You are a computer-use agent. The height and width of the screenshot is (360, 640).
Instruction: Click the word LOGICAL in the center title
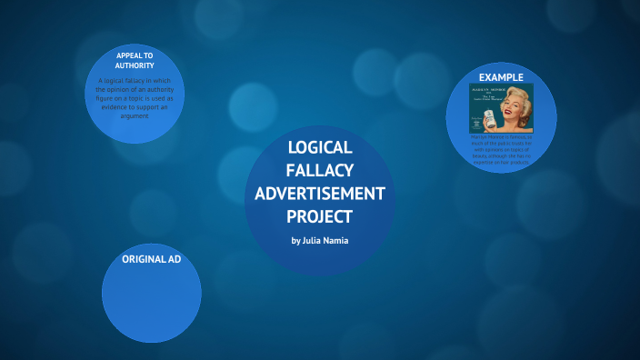tap(319, 148)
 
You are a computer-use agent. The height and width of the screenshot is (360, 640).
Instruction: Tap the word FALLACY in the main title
tap(319, 171)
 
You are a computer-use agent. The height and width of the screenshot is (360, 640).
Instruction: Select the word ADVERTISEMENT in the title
tap(319, 194)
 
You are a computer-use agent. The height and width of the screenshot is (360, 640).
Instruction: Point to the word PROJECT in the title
tap(319, 216)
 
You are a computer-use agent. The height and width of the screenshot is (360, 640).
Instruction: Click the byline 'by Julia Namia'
tap(319, 240)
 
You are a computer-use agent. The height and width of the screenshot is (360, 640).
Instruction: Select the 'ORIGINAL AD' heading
tap(151, 260)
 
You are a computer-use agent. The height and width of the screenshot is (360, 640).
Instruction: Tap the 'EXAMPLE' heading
tap(501, 76)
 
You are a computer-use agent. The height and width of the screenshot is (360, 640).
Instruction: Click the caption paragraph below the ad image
tap(501, 151)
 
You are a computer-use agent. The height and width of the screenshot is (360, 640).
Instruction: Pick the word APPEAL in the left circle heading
tap(128, 55)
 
